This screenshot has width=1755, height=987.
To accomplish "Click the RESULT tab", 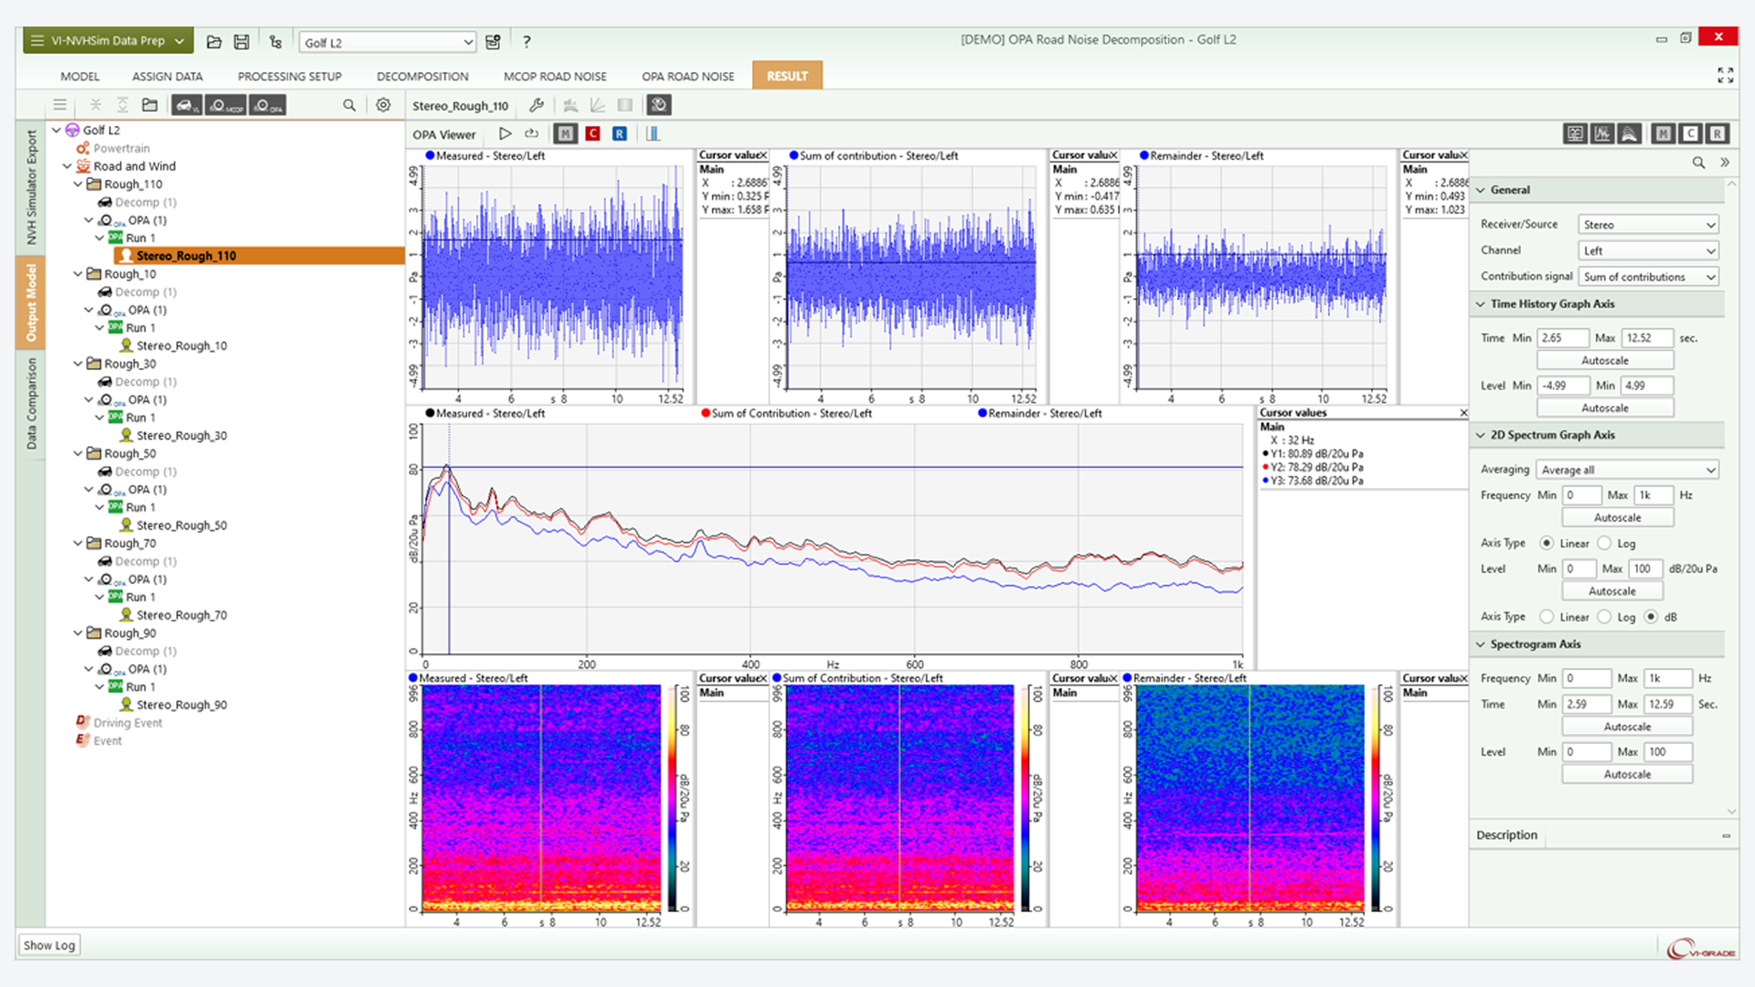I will (x=787, y=76).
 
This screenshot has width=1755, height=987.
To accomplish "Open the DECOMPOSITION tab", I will (x=422, y=76).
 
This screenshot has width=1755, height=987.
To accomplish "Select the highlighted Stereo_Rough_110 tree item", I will (x=186, y=256).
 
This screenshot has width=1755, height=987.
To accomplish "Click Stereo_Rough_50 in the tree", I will (x=182, y=525).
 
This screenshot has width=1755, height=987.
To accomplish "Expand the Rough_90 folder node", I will (x=79, y=632).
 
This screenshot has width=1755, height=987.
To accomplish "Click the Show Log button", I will (x=49, y=945).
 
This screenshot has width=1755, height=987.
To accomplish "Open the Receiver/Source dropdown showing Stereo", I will (x=1648, y=225).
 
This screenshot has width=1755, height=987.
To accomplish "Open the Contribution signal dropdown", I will (x=1648, y=277).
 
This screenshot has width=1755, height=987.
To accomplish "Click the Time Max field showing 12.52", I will (x=1646, y=338).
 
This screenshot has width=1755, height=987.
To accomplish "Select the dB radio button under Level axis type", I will (x=1651, y=617).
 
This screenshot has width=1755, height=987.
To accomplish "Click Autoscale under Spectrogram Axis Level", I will (x=1627, y=774).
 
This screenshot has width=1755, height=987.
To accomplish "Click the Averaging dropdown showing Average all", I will (x=1627, y=470).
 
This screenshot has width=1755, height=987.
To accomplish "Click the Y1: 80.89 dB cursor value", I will (x=1316, y=453).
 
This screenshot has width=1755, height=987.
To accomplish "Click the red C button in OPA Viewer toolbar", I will (x=592, y=134).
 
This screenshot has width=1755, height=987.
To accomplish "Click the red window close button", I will (x=1718, y=37).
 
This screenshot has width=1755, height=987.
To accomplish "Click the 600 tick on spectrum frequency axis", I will (x=915, y=664).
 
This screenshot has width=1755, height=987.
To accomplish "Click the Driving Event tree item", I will (x=127, y=723).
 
